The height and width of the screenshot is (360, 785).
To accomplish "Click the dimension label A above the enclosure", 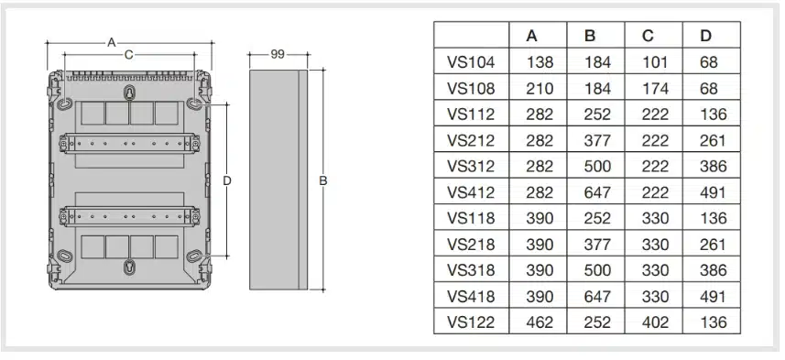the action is [112, 42].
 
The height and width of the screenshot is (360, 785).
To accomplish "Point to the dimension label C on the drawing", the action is [128, 55].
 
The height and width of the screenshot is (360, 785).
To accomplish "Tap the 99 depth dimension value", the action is [278, 54].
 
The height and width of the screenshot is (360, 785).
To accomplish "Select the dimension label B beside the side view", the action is [323, 180].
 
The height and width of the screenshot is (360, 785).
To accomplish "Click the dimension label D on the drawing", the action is [227, 180].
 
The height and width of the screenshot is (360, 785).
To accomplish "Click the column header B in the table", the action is [590, 36].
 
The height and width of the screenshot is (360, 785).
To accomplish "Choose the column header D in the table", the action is [705, 36].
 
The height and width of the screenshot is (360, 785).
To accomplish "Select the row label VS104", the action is [471, 62].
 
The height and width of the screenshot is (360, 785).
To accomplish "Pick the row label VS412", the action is [471, 192].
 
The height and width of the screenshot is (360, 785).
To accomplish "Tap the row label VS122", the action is [471, 322].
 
